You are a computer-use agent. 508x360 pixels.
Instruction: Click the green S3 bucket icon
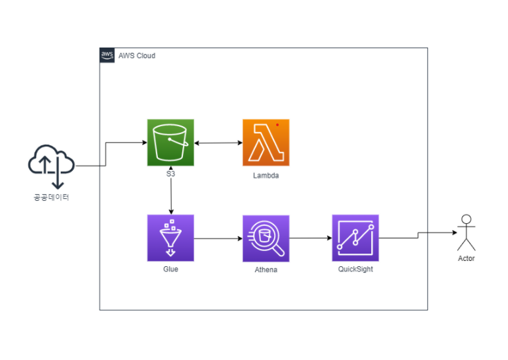coord(170,143)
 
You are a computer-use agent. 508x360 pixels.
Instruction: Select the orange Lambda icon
coord(266,143)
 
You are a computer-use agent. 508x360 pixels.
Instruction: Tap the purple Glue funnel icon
coord(170,238)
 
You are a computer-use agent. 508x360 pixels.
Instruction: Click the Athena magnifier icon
coord(266,238)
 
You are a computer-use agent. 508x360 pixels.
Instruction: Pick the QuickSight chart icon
coord(355,238)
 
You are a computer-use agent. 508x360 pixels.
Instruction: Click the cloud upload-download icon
coord(51,164)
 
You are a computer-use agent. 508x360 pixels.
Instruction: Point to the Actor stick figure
coord(466,233)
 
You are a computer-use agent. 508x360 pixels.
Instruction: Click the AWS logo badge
coord(107,55)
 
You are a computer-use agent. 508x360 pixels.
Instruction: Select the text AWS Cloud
coord(137,56)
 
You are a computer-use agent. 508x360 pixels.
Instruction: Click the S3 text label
coord(170,174)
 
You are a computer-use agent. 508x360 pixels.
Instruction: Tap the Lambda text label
coord(266,176)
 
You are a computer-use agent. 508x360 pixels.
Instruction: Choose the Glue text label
coord(170,269)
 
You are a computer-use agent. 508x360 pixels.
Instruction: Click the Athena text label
coord(266,270)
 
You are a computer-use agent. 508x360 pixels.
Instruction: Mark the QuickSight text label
coord(355,269)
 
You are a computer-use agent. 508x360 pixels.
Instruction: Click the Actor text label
coord(466,258)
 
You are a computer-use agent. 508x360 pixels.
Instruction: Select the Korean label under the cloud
coord(51,197)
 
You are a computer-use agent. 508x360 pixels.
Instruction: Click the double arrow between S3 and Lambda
coord(218,143)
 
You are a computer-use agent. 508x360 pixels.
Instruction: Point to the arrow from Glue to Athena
coord(218,238)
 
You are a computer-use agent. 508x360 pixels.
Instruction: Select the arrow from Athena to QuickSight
coord(310,238)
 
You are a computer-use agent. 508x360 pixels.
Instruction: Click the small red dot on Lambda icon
coord(277,124)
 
